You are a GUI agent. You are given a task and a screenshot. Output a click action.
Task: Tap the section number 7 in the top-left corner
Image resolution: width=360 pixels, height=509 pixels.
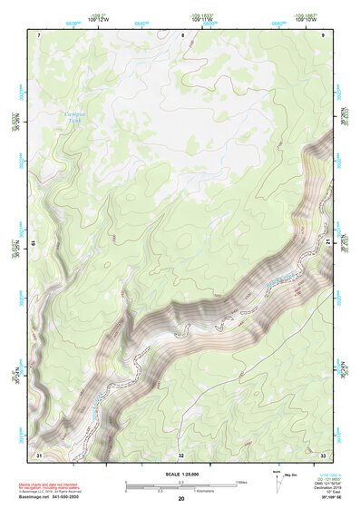click(39, 34)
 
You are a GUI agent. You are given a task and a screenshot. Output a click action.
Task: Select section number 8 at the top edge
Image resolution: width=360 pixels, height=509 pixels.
click(182, 34)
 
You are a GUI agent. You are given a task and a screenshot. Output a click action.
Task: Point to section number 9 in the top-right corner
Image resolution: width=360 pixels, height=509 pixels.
click(324, 34)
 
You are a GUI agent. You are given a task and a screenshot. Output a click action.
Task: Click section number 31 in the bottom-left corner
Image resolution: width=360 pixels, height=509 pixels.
click(39, 454)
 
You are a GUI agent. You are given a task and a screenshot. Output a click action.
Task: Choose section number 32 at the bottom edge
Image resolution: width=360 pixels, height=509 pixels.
click(181, 454)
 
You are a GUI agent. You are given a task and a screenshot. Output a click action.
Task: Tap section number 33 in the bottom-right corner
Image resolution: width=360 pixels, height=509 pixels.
click(323, 454)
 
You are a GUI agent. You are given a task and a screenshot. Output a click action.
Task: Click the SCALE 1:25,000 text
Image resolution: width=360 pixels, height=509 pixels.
click(181, 472)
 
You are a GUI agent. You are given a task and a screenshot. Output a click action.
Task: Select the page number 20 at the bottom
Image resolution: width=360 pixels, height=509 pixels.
click(181, 499)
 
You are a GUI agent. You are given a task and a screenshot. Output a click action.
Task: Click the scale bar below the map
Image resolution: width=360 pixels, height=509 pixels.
click(181, 485)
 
